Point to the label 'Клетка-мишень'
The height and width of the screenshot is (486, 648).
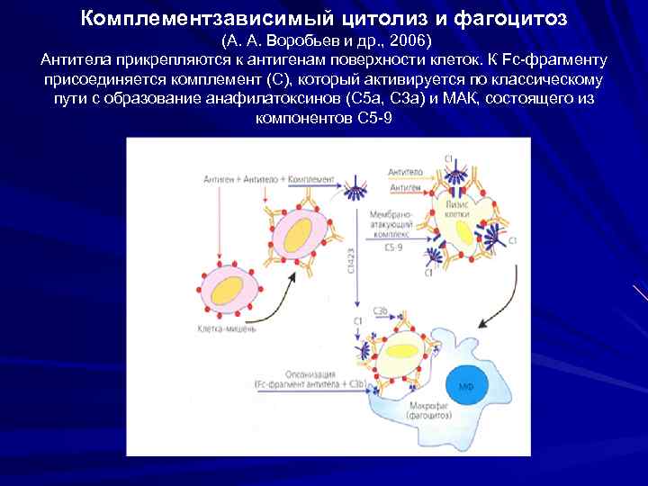227,329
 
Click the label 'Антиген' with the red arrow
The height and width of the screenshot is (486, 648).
403,187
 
